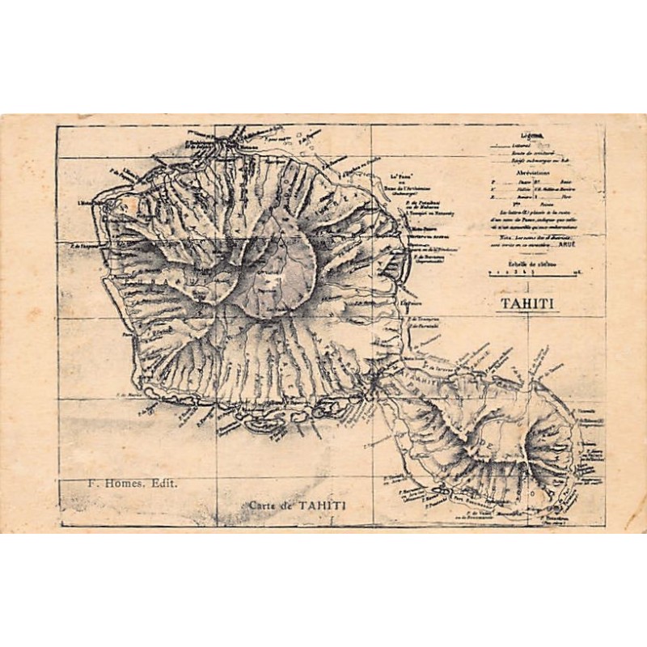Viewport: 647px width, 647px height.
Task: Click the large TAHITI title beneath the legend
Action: point(526,303)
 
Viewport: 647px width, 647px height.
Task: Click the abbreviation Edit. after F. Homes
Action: point(165,483)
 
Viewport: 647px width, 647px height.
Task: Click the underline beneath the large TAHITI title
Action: point(526,313)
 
